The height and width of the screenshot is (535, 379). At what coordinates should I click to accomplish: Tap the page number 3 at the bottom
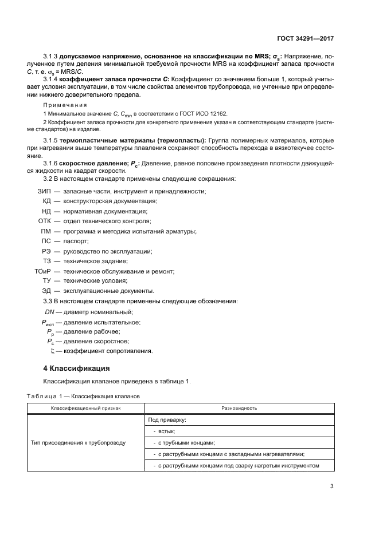point(331,487)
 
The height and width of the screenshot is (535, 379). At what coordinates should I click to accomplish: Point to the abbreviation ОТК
point(45,221)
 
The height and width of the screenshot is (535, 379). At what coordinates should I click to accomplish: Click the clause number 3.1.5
point(53,140)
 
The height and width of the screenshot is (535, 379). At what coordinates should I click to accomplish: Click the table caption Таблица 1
point(41,395)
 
